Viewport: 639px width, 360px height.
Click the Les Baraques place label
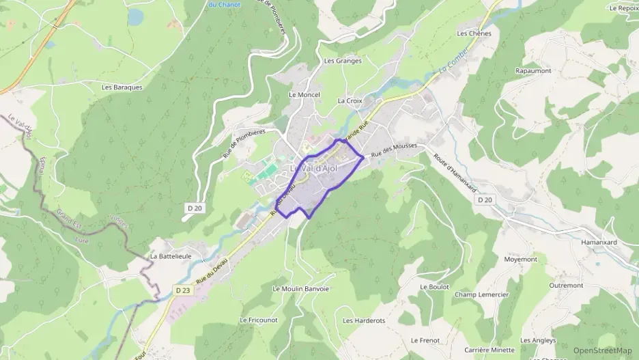[x=122, y=87]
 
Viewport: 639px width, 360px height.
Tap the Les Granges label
[x=343, y=61]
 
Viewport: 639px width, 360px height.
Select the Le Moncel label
[x=304, y=95]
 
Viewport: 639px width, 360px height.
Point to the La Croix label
[x=350, y=100]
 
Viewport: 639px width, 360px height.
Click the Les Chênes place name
[x=474, y=33]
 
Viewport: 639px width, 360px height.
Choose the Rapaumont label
[x=533, y=71]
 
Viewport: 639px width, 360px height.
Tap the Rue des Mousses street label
[x=394, y=150]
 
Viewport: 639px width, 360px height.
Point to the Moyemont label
[x=521, y=260]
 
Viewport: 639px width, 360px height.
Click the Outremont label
[x=566, y=286]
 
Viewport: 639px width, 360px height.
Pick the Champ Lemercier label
[x=481, y=295]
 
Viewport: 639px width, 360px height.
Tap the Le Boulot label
[x=435, y=287]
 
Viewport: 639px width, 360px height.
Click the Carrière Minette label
[x=489, y=350]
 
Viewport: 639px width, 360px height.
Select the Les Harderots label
[x=364, y=320]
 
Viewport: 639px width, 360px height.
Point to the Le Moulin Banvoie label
[x=300, y=289]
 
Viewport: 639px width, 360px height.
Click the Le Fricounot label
[x=259, y=320]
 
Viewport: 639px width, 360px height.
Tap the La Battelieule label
[x=170, y=256]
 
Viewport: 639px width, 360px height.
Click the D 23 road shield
[x=182, y=290]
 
